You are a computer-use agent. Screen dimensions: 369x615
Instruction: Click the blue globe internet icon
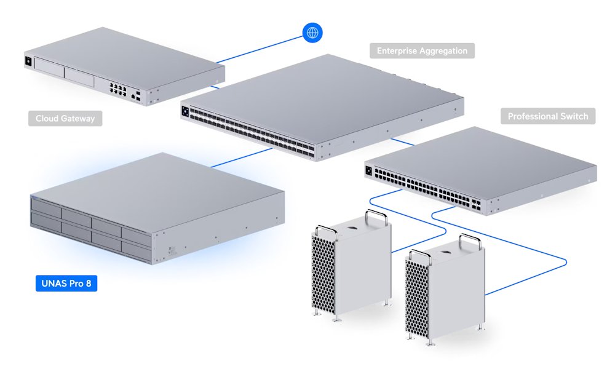click(x=313, y=33)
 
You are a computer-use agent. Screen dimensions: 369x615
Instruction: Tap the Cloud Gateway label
click(x=65, y=118)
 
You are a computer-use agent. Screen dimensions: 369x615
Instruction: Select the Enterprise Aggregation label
click(x=422, y=50)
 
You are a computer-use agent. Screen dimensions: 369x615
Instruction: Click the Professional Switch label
click(x=548, y=116)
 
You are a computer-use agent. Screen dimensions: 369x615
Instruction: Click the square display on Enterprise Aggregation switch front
click(x=184, y=111)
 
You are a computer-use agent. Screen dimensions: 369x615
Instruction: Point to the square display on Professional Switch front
click(x=369, y=171)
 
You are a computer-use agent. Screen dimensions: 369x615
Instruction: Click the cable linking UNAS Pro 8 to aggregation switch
click(x=240, y=158)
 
